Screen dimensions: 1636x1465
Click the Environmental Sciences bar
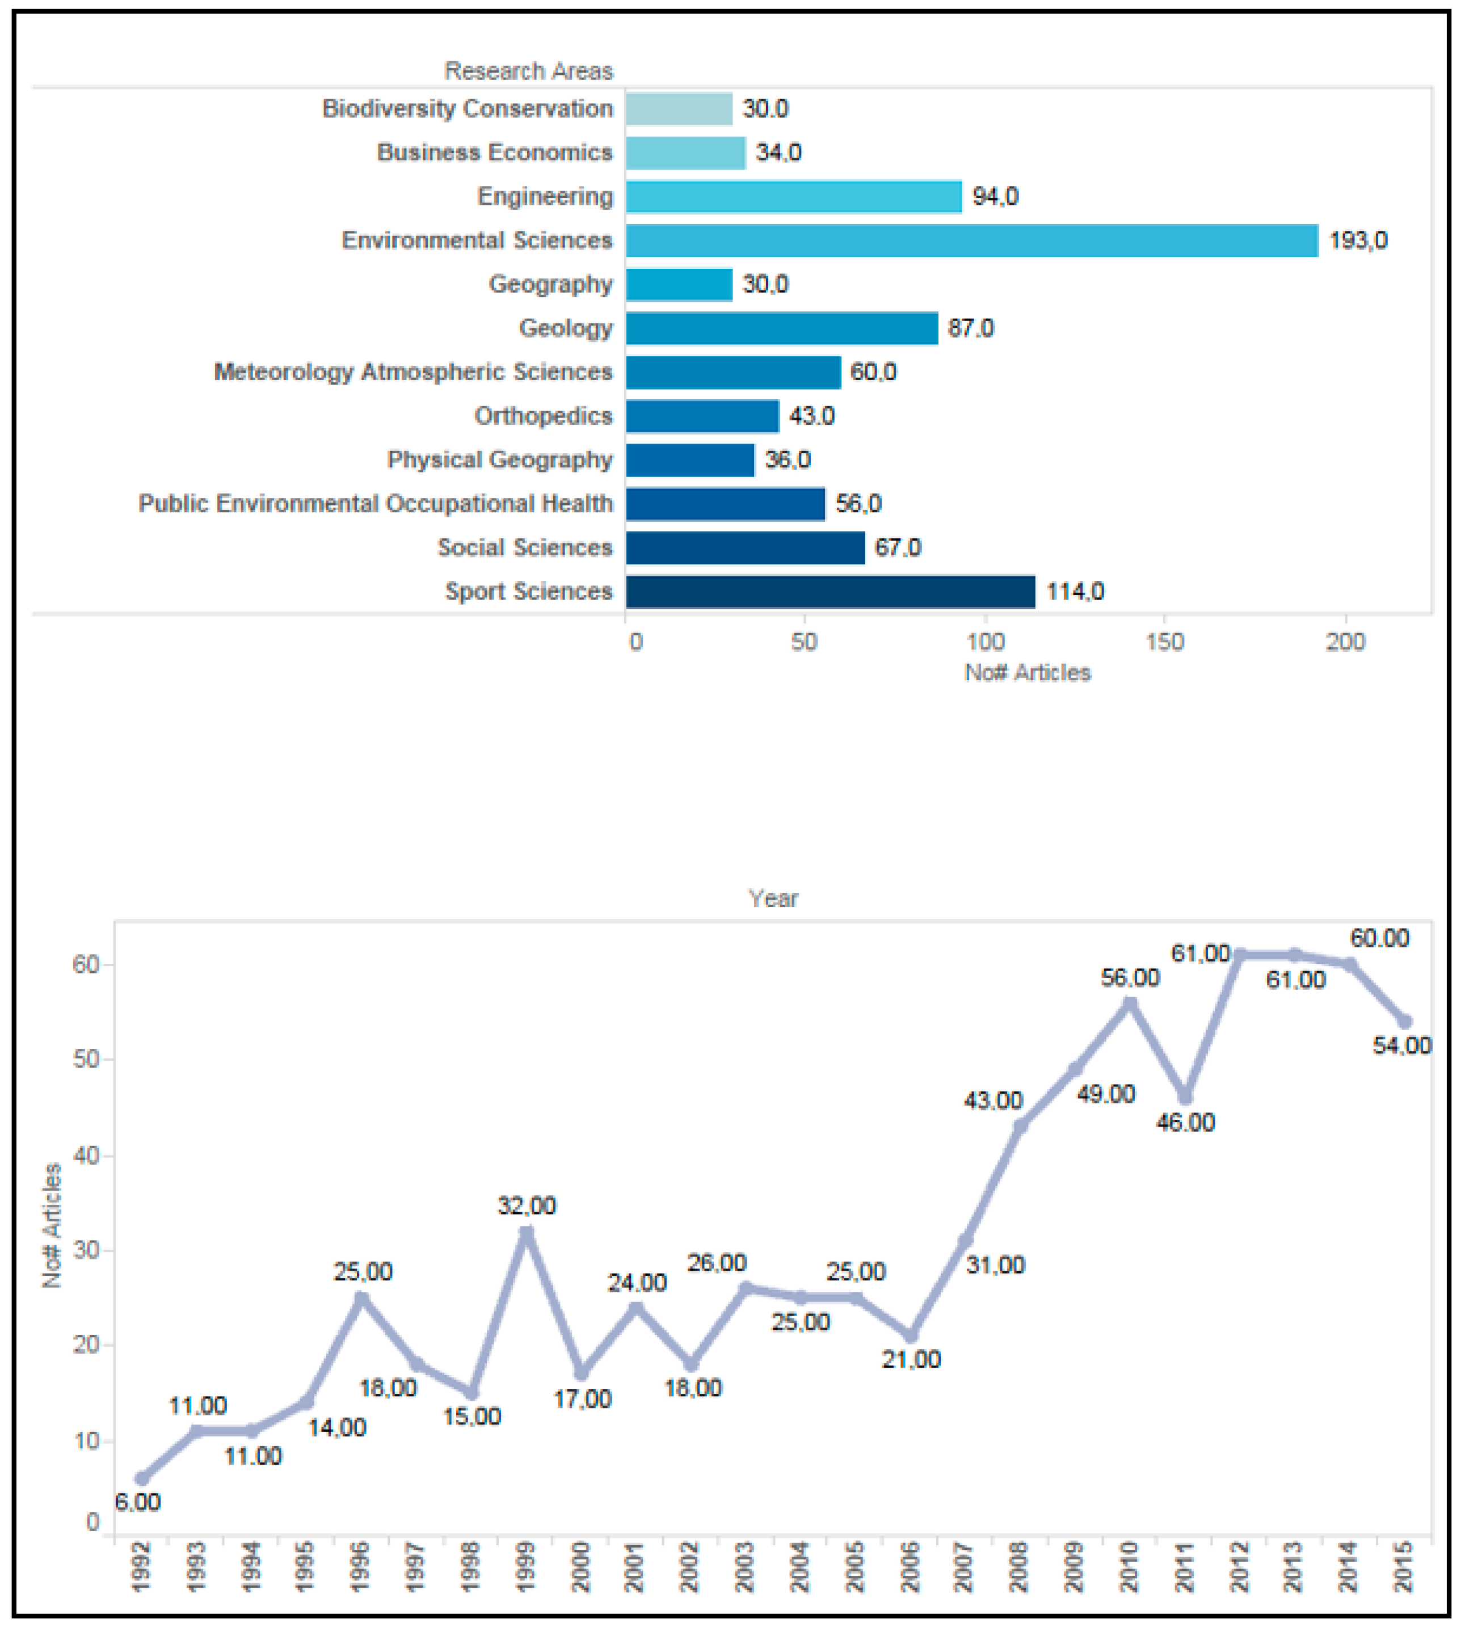tap(971, 241)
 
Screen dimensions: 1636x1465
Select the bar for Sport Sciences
tap(830, 592)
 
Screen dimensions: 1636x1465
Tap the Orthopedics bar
tap(702, 416)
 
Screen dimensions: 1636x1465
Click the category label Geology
tap(565, 328)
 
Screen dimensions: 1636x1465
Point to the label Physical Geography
tap(499, 459)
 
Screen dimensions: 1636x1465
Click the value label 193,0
tap(1358, 241)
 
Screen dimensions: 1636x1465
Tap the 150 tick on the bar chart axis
tap(1165, 642)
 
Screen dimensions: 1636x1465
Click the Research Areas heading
tap(528, 71)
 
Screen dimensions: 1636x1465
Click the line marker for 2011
tap(1185, 1098)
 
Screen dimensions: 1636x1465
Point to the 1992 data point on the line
tap(142, 1478)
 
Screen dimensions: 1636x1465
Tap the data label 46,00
tap(1185, 1122)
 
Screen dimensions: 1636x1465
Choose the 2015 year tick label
tap(1404, 1567)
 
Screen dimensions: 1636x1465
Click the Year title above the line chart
tap(773, 898)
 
